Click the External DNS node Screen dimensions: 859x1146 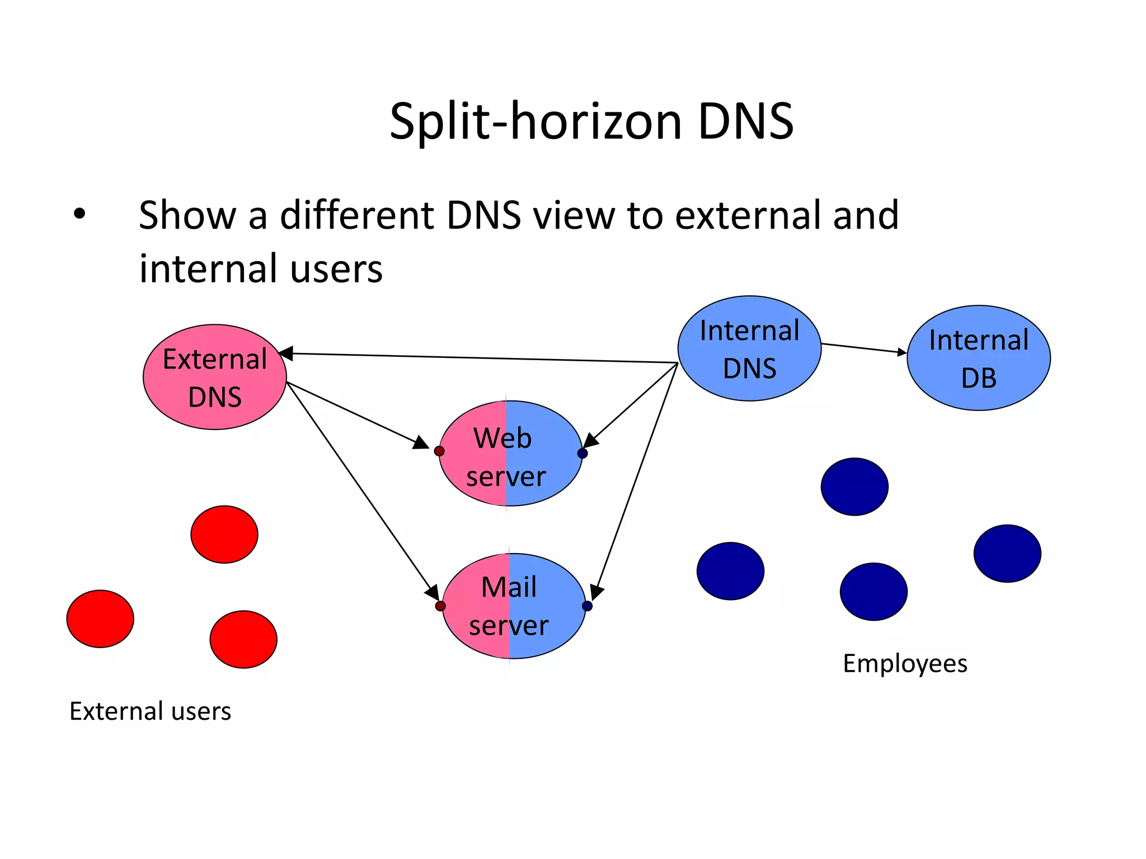tap(215, 377)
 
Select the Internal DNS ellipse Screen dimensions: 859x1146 tap(749, 348)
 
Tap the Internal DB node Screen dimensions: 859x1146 tap(979, 358)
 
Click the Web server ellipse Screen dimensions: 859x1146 tap(510, 454)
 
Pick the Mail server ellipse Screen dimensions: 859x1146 tap(514, 606)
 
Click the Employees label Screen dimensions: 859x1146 tap(905, 664)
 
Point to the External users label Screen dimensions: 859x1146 tap(150, 711)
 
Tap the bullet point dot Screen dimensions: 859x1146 tap(79, 213)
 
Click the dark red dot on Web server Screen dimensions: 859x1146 tap(439, 451)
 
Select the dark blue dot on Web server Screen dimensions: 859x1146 tap(583, 454)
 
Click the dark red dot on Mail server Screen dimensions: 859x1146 tap(440, 606)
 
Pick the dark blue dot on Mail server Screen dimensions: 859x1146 tap(588, 606)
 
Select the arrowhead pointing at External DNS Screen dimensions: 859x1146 tap(286, 353)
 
